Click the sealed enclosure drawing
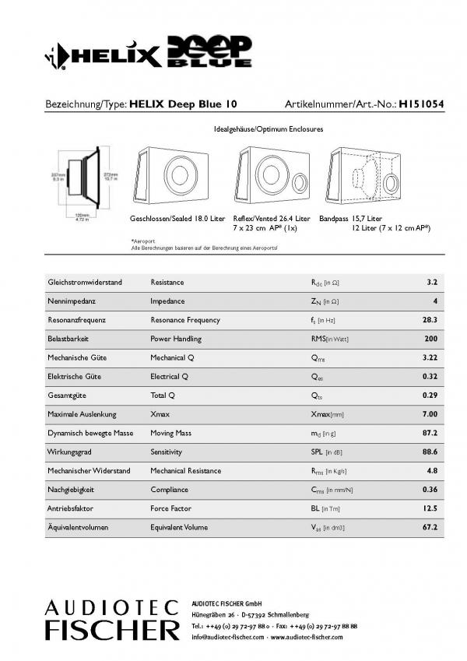click(176, 176)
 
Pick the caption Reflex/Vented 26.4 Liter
click(272, 220)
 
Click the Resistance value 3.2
click(432, 282)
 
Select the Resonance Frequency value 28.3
click(430, 320)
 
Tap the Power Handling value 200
click(430, 339)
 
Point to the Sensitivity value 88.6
click(430, 452)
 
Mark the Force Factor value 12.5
click(430, 508)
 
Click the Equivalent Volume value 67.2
click(430, 527)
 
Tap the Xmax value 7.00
click(430, 414)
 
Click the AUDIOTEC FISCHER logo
click(111, 620)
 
